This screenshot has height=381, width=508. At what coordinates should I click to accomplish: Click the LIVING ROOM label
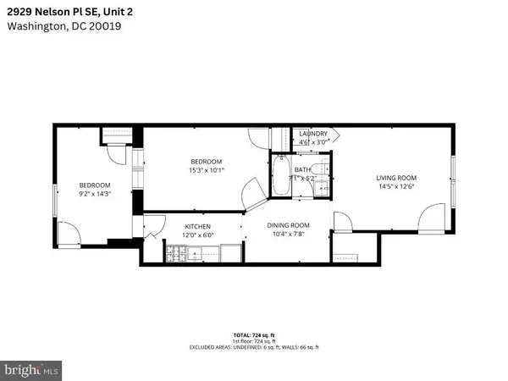396,177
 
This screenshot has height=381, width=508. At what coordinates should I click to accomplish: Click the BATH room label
302,169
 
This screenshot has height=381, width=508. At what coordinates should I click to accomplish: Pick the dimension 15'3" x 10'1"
206,170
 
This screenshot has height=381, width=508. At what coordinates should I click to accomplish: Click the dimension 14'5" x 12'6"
396,186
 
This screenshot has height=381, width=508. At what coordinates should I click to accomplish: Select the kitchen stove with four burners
178,251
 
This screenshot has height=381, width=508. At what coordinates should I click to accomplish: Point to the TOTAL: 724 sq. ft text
254,336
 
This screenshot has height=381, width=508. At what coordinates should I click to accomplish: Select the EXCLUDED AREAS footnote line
254,348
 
